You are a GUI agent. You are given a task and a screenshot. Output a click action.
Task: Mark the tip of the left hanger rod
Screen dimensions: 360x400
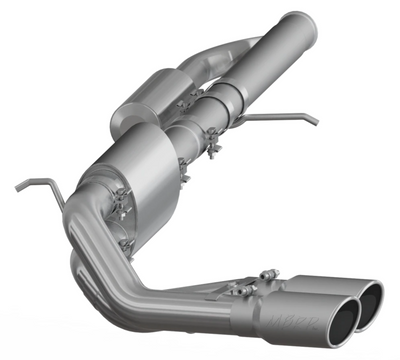pyautogui.click(x=17, y=186)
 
